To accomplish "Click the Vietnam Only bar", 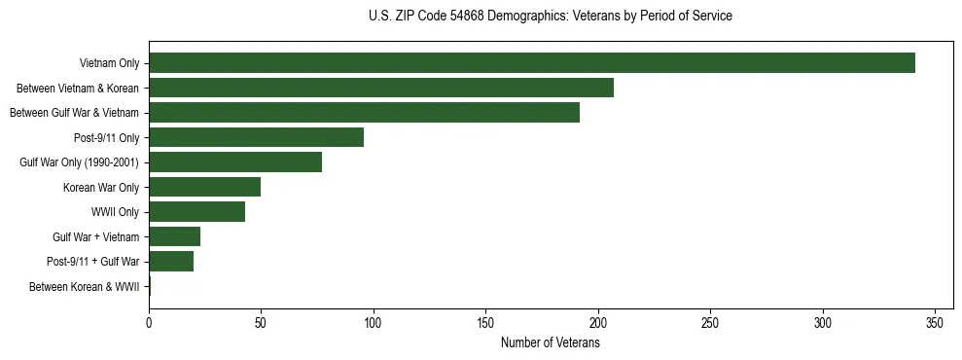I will click(532, 63).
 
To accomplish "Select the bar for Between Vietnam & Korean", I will click(381, 88).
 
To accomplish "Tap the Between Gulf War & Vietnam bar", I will click(364, 113).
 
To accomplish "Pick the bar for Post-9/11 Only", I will click(256, 137).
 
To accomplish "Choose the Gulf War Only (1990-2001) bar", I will click(235, 162).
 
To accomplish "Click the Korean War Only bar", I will click(204, 187).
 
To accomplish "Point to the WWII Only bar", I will click(196, 212).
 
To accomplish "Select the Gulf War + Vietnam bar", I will click(174, 236).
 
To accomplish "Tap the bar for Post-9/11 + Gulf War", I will click(171, 262).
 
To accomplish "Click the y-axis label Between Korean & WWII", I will click(84, 287).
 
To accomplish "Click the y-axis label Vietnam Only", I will click(109, 63).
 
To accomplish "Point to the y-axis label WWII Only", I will click(115, 212).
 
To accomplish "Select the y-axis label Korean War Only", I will click(101, 187).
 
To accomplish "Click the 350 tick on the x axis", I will click(936, 322).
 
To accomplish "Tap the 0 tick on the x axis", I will click(149, 322).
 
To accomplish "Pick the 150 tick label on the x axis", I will click(486, 322).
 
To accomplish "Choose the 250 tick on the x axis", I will click(711, 322).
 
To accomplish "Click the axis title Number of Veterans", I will click(550, 343).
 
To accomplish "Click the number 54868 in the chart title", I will click(468, 17).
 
